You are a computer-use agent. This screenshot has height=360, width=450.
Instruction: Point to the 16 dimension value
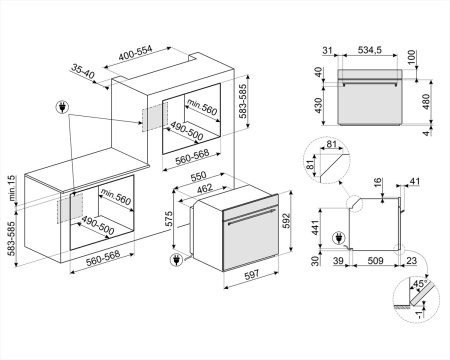tap(377, 182)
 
